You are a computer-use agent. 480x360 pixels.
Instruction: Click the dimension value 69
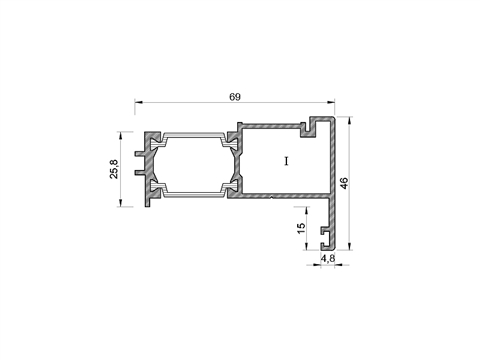pos(235,97)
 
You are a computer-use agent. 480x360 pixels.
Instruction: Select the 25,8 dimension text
pos(114,169)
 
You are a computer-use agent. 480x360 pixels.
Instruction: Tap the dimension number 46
pos(344,183)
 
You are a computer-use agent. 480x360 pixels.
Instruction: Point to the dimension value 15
pos(301,228)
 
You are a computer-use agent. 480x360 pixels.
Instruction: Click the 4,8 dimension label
pos(328,258)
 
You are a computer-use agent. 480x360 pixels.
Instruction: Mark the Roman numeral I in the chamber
pos(286,161)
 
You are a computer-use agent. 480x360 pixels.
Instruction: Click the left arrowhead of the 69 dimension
pos(139,102)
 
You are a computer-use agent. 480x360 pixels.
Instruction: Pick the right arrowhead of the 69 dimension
pos(330,102)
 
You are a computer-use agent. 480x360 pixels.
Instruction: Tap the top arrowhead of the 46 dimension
pos(349,121)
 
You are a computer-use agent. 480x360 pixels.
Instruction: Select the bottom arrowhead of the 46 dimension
pos(349,246)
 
